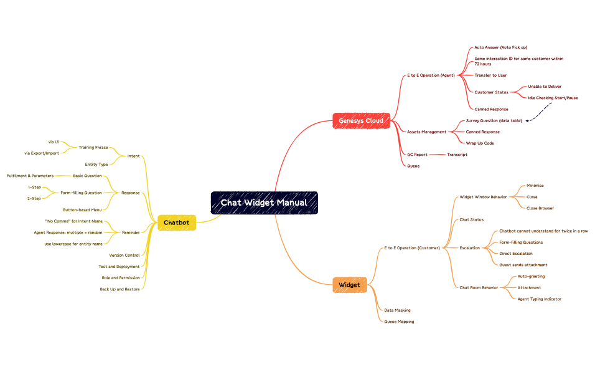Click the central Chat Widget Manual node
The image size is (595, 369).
(x=264, y=203)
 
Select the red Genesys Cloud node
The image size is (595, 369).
(x=361, y=120)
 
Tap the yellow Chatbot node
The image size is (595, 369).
(x=176, y=222)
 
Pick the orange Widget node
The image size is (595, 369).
(x=349, y=285)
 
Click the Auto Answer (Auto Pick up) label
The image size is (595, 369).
(x=500, y=47)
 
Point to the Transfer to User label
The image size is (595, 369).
(x=490, y=75)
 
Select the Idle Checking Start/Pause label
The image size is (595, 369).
(x=552, y=98)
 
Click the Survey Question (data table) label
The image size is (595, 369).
(x=494, y=120)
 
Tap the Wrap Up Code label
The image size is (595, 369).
(x=480, y=143)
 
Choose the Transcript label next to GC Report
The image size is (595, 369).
(x=457, y=154)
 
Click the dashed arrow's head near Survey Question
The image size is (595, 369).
(x=527, y=120)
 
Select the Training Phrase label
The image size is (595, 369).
(x=93, y=147)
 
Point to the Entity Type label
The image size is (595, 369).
(x=96, y=165)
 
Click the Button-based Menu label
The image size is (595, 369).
(x=82, y=209)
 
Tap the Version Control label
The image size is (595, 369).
(x=124, y=255)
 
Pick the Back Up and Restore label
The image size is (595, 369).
(x=119, y=289)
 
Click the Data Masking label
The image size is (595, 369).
(x=396, y=310)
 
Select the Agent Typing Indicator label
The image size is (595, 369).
(x=539, y=299)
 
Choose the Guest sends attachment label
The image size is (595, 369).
(x=523, y=265)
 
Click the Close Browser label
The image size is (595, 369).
(x=540, y=208)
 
